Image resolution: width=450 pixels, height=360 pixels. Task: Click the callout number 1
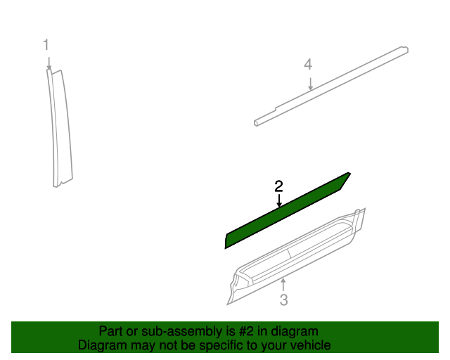coord(46,45)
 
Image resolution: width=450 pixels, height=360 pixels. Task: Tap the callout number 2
coord(279,186)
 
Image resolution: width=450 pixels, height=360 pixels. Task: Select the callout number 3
coord(283,301)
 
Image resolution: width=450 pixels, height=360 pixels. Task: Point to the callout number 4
coord(308,65)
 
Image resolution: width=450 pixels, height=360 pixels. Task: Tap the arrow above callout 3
coord(283,284)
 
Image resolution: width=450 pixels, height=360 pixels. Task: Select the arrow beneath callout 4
coord(309,84)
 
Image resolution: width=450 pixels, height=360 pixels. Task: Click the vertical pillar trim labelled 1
coord(60,127)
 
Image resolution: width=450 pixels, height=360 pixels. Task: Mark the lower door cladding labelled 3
coord(295,257)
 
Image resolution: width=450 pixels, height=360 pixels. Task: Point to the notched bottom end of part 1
coord(63,182)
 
